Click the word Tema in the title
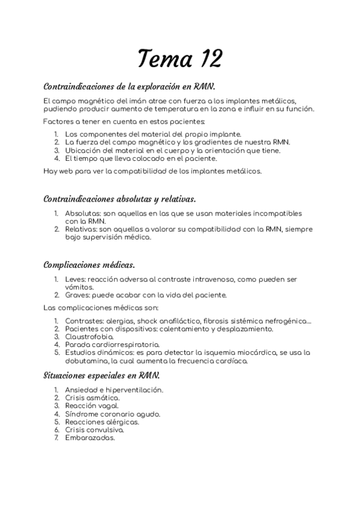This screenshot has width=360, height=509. (162, 58)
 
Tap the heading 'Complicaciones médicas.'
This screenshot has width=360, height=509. (89, 265)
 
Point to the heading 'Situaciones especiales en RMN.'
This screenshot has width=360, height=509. (101, 376)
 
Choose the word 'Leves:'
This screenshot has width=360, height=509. (76, 279)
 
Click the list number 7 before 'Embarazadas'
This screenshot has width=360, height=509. (56, 438)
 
